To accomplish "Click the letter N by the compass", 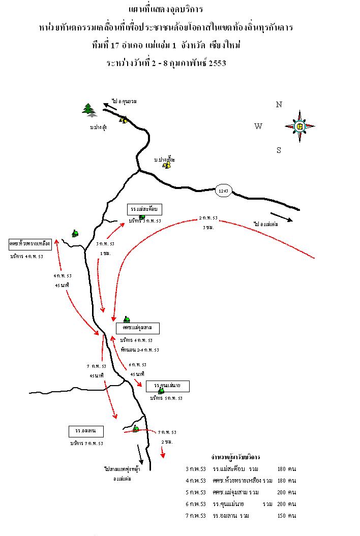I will pos(279,105).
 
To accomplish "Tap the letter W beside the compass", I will pos(258,127).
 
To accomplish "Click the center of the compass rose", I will pos(300,126).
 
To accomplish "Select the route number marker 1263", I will pos(223,191).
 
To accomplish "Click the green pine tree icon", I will pos(89,109).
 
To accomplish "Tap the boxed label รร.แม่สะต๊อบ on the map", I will pos(145,209).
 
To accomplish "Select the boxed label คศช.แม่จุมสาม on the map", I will pos(137,328).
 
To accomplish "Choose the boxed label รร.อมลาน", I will pos(86,432).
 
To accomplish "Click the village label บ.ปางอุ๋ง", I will pos(95,128).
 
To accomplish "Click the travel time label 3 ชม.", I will pos(208,227).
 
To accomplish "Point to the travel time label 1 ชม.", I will pos(105,253).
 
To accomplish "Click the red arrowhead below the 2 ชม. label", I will pos(163,455).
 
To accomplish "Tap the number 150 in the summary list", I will pos(280,516).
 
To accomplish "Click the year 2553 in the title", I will pos(215,64).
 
